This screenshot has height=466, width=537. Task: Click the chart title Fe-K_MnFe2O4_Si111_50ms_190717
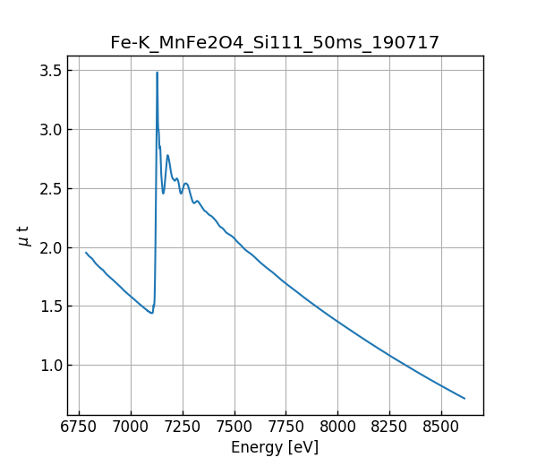pyautogui.click(x=275, y=43)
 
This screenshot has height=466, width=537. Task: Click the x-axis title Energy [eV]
pyautogui.click(x=275, y=447)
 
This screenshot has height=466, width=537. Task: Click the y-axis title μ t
pyautogui.click(x=24, y=236)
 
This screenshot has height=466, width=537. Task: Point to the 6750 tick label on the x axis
pyautogui.click(x=79, y=427)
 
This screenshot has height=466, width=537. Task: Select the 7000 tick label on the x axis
pyautogui.click(x=131, y=427)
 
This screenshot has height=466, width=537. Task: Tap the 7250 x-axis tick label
pyautogui.click(x=183, y=427)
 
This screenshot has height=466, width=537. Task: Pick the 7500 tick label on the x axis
pyautogui.click(x=234, y=427)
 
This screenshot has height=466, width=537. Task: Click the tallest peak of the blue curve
pyautogui.click(x=157, y=73)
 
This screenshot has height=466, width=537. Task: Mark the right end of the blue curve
pyautogui.click(x=465, y=398)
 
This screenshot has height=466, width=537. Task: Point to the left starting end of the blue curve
pyautogui.click(x=86, y=252)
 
